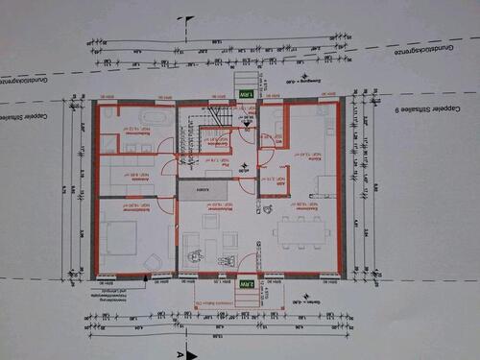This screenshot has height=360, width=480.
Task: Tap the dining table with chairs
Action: click(300, 229)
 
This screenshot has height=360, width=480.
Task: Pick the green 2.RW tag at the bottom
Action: click(247, 284)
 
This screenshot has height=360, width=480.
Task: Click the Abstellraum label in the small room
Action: click(266, 179)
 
